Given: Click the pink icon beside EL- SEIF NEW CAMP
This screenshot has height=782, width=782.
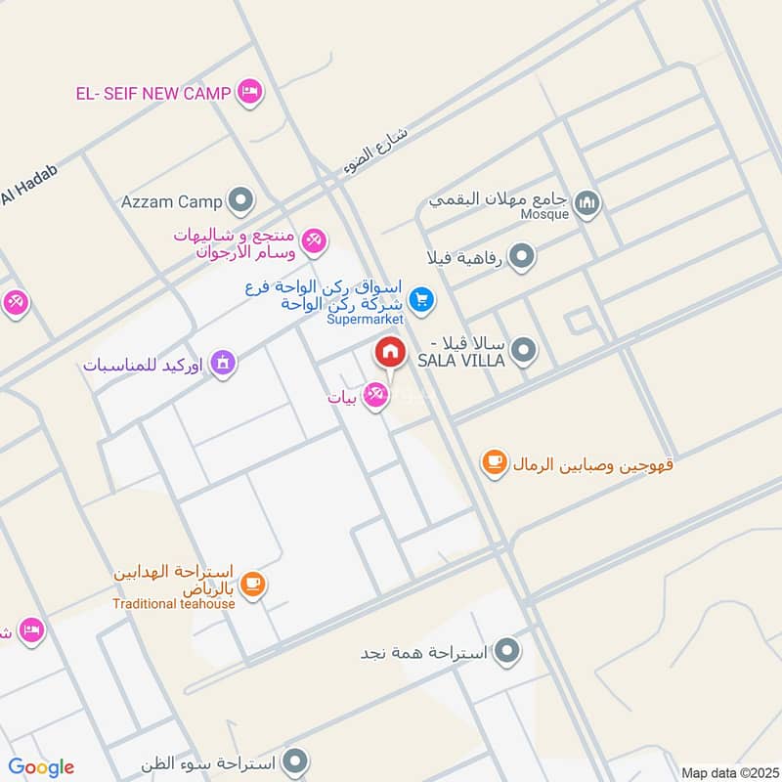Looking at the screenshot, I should click(249, 93).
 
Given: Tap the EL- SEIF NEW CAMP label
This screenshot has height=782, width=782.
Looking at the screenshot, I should click(153, 94).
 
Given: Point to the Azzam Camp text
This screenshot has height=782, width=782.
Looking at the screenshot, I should click(172, 202).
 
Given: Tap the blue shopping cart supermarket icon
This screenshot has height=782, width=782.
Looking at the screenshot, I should click(421, 299).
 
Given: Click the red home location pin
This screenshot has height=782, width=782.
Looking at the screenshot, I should click(390, 352).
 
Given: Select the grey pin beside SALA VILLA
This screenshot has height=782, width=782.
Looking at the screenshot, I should click(524, 349).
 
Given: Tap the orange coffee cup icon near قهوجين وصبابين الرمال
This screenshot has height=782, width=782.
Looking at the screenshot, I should click(495, 462).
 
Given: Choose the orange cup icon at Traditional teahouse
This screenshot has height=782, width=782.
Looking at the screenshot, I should click(252, 585).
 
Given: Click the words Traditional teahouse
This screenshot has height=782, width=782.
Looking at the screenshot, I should click(173, 603).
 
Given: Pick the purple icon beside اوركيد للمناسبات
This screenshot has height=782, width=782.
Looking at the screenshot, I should click(225, 364).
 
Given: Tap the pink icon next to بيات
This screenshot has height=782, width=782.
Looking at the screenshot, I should click(373, 395).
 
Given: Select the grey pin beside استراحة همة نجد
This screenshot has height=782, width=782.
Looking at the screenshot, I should click(507, 649).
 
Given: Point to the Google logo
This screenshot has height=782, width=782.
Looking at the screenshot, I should click(41, 767).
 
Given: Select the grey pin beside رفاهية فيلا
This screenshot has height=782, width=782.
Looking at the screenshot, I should click(524, 257).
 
